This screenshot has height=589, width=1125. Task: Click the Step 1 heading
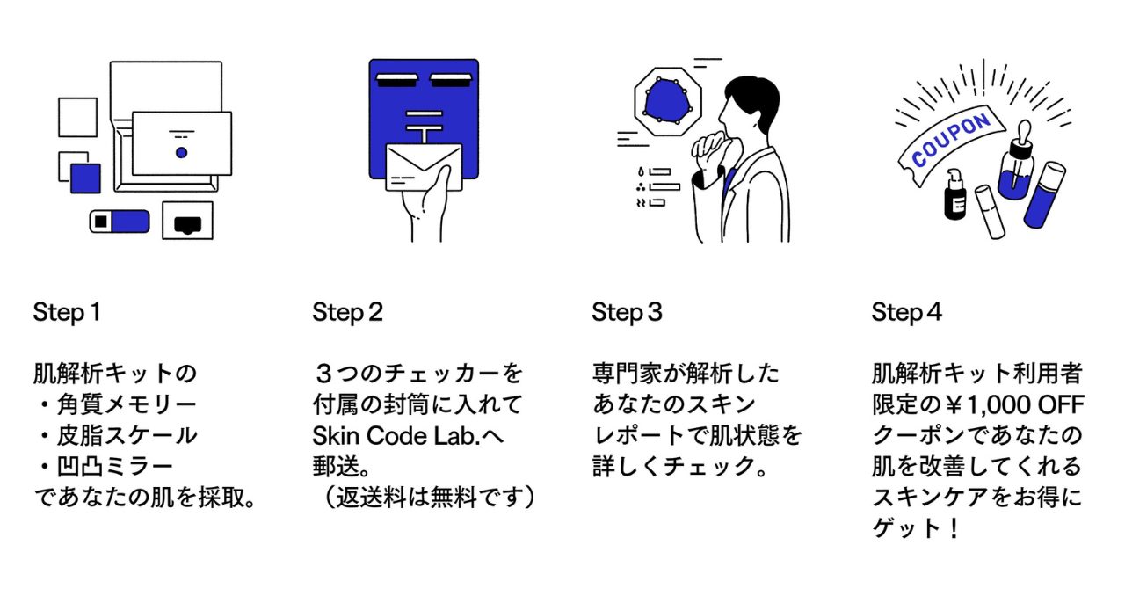67,312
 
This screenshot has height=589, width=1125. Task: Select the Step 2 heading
347,312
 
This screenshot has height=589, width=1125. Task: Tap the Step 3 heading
627,312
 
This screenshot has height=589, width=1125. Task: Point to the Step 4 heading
906,312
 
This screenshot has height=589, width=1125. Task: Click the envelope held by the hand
424,167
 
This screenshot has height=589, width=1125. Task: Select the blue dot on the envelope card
181,153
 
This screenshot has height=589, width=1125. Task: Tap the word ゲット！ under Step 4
914,529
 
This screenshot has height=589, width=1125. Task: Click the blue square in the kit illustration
85,178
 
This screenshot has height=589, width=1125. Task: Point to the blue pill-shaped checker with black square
120,221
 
